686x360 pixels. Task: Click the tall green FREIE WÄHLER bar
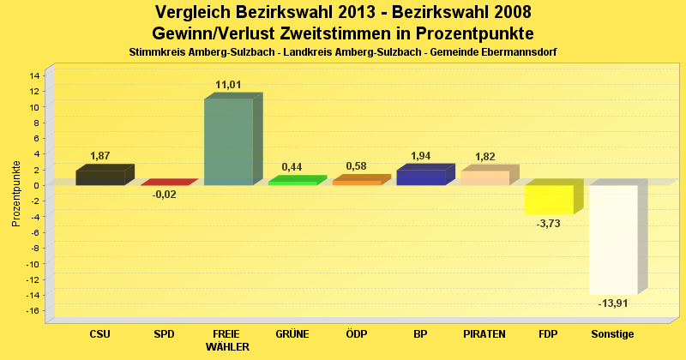pyautogui.click(x=228, y=141)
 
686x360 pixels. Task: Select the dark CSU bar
pyautogui.click(x=99, y=177)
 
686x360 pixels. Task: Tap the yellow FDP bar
pyautogui.click(x=549, y=200)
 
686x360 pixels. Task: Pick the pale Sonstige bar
pyautogui.click(x=613, y=239)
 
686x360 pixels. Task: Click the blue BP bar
pyautogui.click(x=420, y=177)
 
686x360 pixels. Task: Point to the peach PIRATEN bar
pyautogui.click(x=484, y=177)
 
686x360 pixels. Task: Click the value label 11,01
pyautogui.click(x=229, y=85)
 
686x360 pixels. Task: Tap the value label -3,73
pyautogui.click(x=548, y=224)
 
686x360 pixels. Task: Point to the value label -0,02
pyautogui.click(x=164, y=195)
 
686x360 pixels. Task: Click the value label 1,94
pyautogui.click(x=421, y=156)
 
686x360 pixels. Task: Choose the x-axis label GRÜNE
pyautogui.click(x=292, y=333)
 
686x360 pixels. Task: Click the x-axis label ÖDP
pyautogui.click(x=357, y=333)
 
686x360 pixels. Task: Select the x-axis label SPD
pyautogui.click(x=164, y=333)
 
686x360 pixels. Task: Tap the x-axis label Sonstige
pyautogui.click(x=613, y=333)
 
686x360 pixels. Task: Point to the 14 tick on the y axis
pyautogui.click(x=34, y=75)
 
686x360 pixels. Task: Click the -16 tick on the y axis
pyautogui.click(x=33, y=310)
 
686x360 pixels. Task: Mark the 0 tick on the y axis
pyautogui.click(x=37, y=185)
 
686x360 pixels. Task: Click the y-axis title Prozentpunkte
pyautogui.click(x=16, y=193)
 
